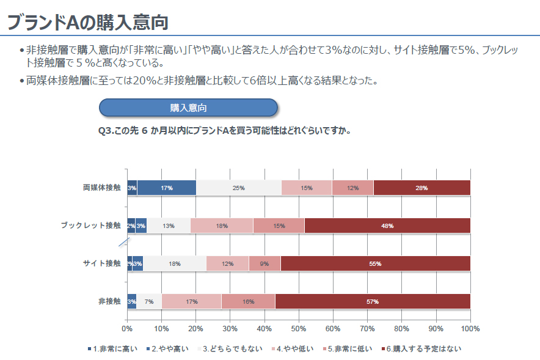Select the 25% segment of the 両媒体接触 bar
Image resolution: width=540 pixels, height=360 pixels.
(x=238, y=188)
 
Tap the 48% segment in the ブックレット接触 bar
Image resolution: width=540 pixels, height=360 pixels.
(x=387, y=226)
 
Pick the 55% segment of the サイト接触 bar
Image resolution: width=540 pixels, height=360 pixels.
(x=375, y=263)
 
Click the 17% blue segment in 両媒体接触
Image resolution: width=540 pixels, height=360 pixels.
(x=166, y=188)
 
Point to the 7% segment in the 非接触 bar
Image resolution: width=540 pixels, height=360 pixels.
(x=149, y=301)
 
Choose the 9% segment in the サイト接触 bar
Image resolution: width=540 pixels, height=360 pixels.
(x=265, y=263)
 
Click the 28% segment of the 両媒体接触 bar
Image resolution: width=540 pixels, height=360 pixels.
(x=421, y=188)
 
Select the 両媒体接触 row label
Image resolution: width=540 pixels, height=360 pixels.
(x=102, y=188)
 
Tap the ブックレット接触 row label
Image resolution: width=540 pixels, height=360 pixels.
(x=90, y=226)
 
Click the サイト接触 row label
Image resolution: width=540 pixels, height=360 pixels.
(x=102, y=263)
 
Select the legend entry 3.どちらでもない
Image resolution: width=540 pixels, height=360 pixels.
(x=232, y=349)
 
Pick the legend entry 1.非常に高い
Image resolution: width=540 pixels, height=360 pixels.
(x=115, y=349)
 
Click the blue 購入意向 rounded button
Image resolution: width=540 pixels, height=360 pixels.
(x=188, y=108)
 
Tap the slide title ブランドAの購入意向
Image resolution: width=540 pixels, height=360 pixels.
(x=87, y=22)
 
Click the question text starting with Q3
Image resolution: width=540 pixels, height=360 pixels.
(x=224, y=130)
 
